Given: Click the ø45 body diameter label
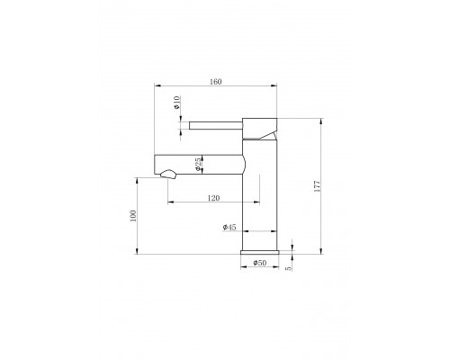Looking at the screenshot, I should (229, 229).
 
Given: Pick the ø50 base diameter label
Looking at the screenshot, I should (259, 263).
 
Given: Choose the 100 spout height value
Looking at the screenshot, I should (131, 215).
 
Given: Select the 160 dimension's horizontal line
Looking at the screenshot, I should (216, 86).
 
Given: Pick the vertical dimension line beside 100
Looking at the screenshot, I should (139, 215).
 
